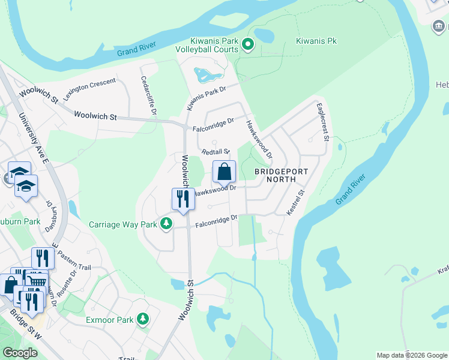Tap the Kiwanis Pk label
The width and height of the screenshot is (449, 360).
pos(317,41)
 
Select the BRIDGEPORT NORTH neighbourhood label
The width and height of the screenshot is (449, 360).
pos(281,175)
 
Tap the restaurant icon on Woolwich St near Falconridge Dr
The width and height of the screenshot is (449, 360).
pos(183,199)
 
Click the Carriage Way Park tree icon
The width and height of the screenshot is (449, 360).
pos(166,224)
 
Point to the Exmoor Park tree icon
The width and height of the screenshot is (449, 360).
pos(143,319)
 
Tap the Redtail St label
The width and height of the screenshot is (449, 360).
pos(216,152)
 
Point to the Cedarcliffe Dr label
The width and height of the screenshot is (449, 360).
pos(148,95)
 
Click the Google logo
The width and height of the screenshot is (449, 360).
pos(20,353)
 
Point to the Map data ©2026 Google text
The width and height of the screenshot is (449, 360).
pos(412,355)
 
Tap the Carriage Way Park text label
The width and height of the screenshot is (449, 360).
pos(122,225)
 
